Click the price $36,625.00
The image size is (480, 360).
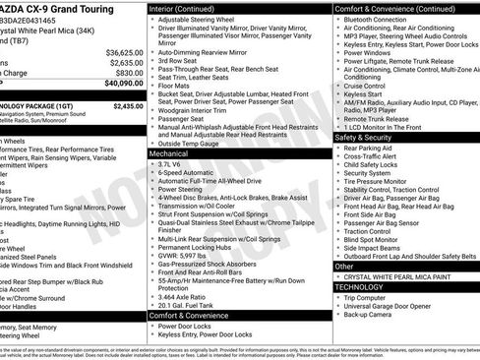(124, 52)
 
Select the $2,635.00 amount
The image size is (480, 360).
(126, 62)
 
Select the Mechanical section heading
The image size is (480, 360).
(169, 154)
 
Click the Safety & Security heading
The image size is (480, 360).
(363, 138)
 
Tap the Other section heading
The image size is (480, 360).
(344, 266)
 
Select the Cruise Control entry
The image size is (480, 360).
(365, 87)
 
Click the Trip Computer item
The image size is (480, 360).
(366, 298)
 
